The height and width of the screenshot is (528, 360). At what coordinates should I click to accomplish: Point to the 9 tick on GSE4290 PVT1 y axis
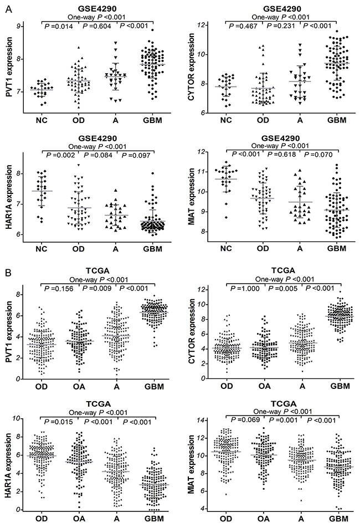(x=19, y=26)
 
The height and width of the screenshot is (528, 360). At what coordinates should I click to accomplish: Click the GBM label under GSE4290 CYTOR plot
(x=337, y=119)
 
